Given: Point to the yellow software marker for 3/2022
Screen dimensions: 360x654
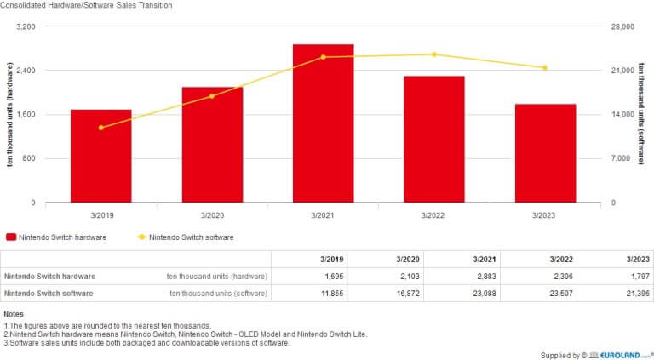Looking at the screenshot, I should [x=434, y=54].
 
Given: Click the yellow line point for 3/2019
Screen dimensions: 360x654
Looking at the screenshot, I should [x=100, y=128].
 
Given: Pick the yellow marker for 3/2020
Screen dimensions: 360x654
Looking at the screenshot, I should [x=212, y=96].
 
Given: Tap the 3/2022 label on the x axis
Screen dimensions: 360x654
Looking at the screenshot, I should [x=434, y=216].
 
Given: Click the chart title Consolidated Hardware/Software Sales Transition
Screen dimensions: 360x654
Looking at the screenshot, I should [x=86, y=6].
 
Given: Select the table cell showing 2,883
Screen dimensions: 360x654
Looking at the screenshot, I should [x=463, y=277].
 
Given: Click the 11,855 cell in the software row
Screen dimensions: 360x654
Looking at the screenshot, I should [x=311, y=294].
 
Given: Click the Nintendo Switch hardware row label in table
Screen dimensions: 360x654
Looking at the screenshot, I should [x=49, y=277].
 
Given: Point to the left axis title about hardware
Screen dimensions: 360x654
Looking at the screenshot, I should [x=9, y=115].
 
